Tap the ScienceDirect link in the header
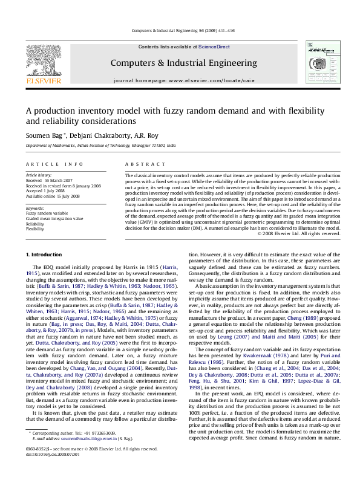click(214, 47)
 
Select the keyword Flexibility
click(34, 229)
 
